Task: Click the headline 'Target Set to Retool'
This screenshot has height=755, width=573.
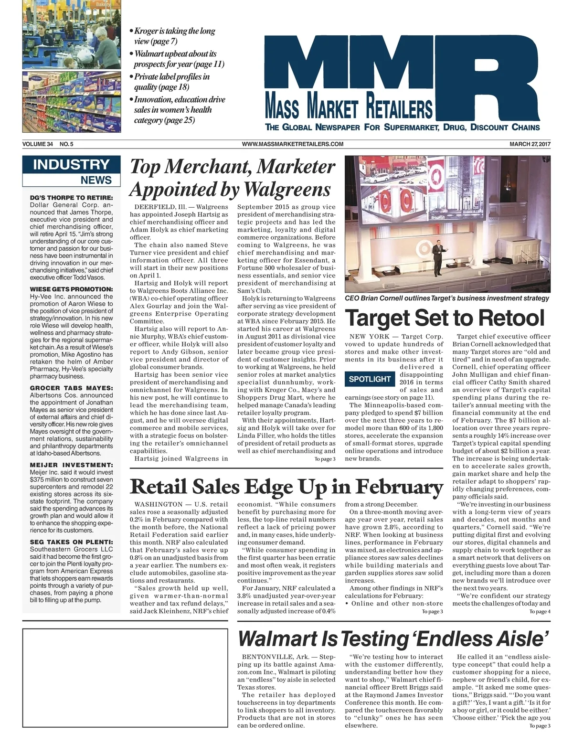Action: click(x=445, y=318)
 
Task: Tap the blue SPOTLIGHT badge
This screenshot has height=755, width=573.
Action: click(x=370, y=379)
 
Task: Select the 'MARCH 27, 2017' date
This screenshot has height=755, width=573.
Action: click(x=530, y=144)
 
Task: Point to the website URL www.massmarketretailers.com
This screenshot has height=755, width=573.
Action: click(x=292, y=144)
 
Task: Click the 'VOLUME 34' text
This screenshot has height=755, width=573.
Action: click(x=37, y=144)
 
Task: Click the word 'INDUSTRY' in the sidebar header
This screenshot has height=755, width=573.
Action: click(x=71, y=165)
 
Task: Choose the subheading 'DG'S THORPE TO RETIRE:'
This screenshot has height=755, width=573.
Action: click(x=71, y=197)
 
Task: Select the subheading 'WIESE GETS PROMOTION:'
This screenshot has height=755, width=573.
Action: click(x=71, y=289)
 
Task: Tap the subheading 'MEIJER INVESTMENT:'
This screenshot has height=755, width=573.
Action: click(x=71, y=465)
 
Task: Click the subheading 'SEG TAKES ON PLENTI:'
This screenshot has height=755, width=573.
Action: click(x=71, y=542)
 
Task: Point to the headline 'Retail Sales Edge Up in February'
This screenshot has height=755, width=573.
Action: click(x=286, y=487)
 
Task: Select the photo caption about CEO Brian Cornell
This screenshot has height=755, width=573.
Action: click(x=447, y=298)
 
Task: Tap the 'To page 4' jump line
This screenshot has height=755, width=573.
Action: click(x=540, y=611)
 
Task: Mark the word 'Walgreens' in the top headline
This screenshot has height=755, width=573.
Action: click(x=286, y=190)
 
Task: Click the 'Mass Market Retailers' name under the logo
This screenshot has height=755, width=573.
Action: click(x=349, y=106)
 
